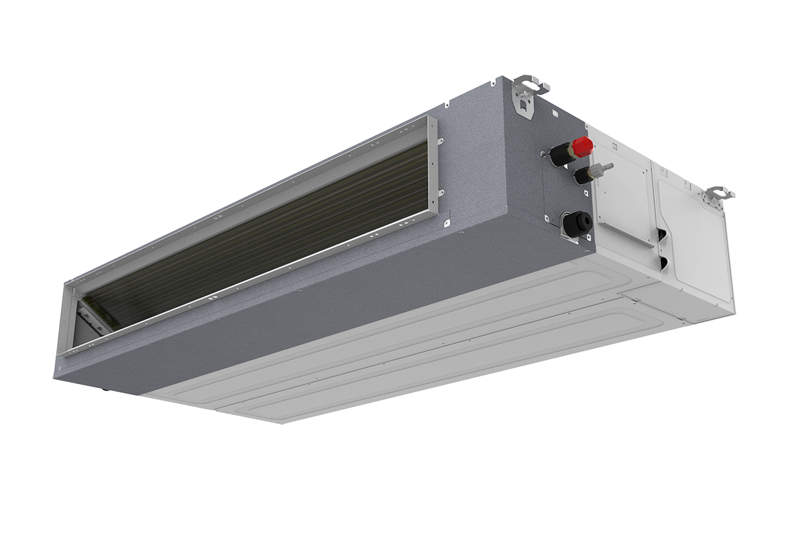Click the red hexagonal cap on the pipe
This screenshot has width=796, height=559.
(x=582, y=146)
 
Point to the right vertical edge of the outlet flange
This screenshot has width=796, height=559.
(x=433, y=166)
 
